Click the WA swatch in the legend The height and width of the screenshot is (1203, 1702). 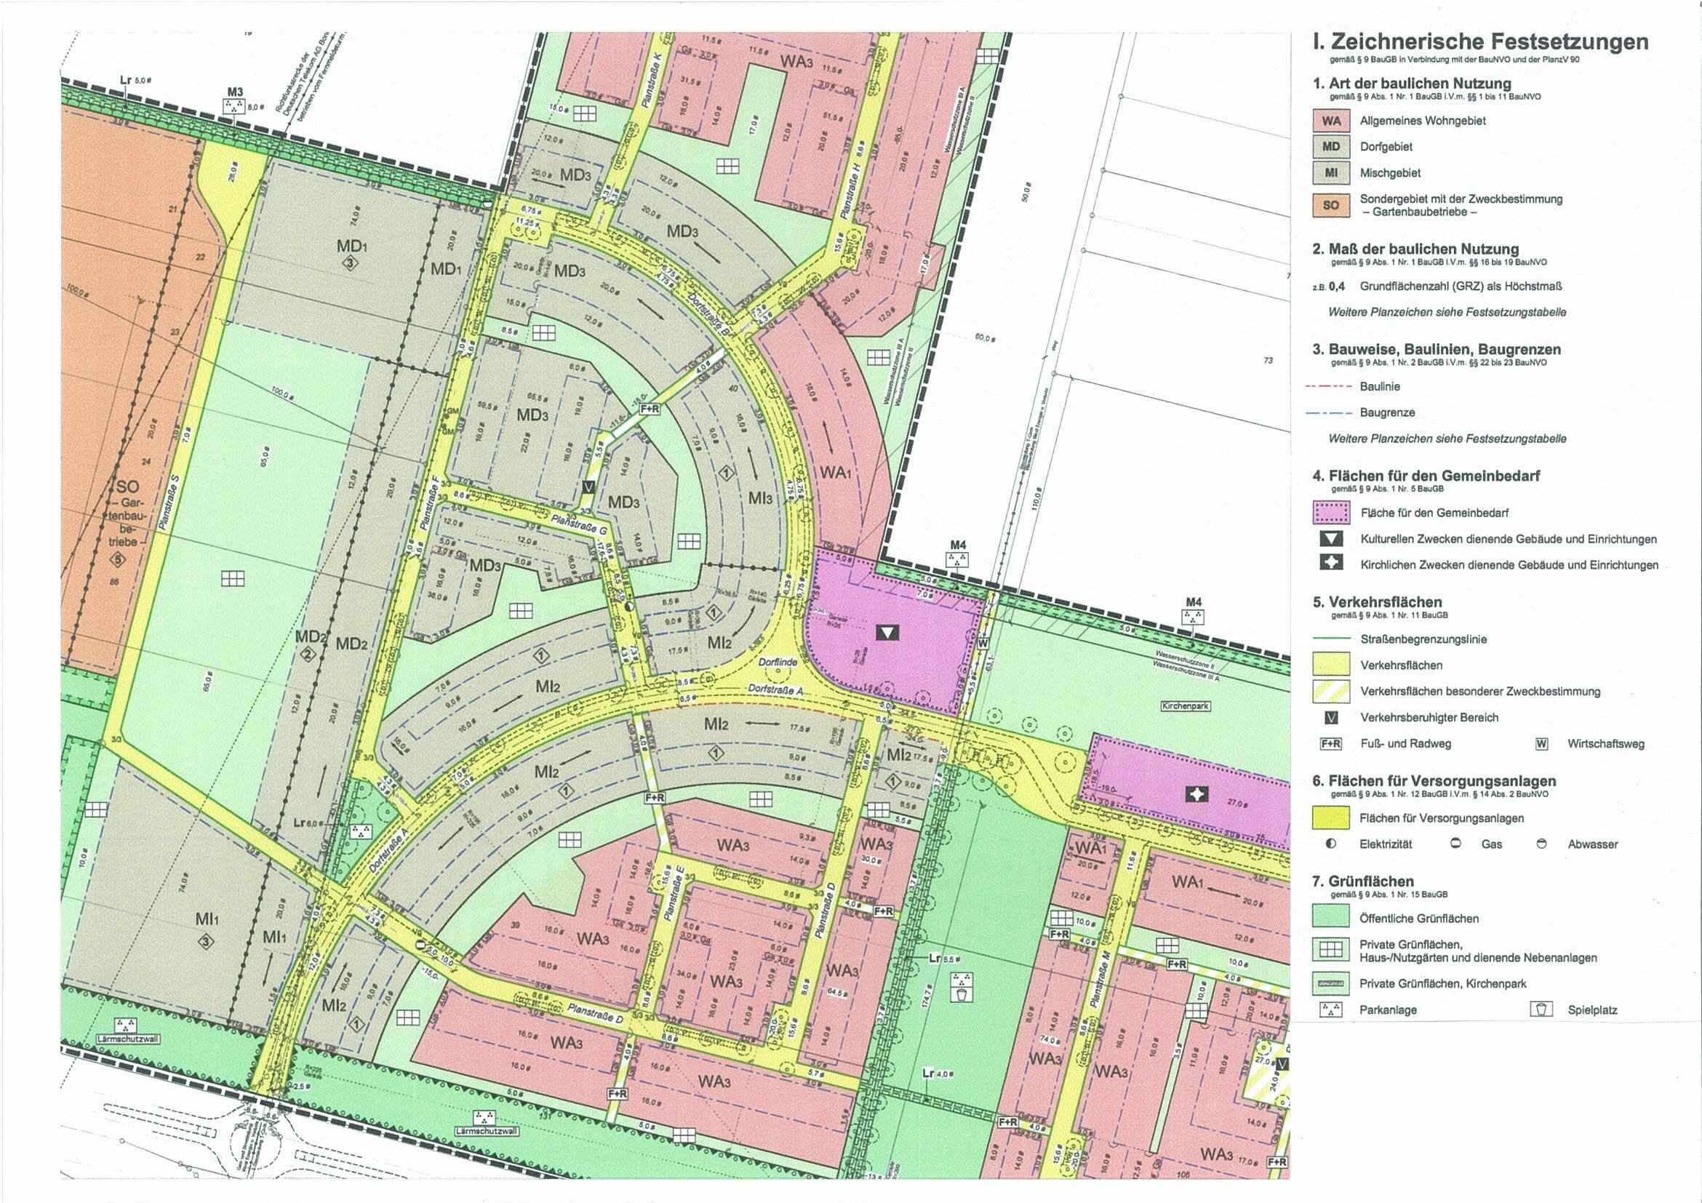coord(1330,120)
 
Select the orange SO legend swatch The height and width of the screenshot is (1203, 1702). coord(1330,205)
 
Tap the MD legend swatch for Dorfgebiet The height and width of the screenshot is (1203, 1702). coord(1330,147)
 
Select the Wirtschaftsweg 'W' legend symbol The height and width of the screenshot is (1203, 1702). coord(1542,743)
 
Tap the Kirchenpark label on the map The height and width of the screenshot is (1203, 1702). coord(1186,706)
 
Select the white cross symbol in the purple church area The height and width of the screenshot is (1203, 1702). coord(1197,795)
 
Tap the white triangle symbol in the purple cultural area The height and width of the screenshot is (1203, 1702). coord(887,632)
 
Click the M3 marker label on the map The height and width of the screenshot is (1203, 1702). coord(235,92)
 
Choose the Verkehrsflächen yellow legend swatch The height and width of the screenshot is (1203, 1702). coord(1330,665)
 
